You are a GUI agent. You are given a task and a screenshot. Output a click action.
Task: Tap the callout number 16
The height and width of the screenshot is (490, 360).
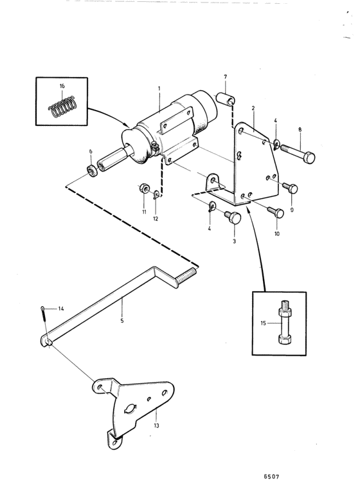pos(62,86)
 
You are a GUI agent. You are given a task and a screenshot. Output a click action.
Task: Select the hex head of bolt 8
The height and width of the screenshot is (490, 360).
pos(309,157)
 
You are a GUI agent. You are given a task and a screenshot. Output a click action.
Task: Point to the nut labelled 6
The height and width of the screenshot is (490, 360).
pos(91,170)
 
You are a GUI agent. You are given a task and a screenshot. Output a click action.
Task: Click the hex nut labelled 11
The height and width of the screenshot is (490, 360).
pos(143,188)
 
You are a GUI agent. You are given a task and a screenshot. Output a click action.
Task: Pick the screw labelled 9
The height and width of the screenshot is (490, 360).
pos(291,188)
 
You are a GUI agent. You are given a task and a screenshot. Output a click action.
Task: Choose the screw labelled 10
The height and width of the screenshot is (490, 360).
pos(276,212)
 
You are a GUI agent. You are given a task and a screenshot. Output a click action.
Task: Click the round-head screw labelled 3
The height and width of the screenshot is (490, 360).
pos(233,216)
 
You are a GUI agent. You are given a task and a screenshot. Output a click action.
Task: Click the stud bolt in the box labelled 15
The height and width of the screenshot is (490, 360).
pos(283,322)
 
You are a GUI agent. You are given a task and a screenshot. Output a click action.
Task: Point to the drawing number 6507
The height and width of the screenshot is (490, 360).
pos(271,476)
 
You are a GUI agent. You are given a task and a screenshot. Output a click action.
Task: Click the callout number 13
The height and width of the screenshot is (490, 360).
pos(157,425)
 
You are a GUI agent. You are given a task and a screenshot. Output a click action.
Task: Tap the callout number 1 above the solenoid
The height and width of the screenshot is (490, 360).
pos(159,89)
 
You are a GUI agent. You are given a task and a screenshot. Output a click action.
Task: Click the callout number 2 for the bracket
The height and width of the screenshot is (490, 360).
pos(253,108)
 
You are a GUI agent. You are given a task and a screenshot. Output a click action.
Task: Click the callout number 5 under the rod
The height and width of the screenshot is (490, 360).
pos(122,321)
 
